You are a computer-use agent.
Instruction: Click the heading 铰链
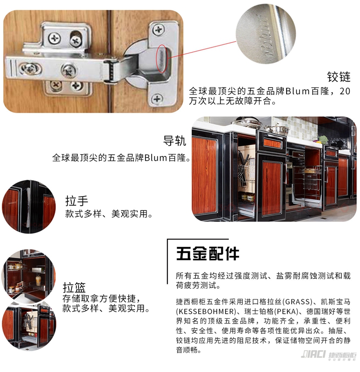[x=339, y=77]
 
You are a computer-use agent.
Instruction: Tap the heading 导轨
[x=175, y=141]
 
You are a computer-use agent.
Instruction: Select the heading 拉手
[x=77, y=201]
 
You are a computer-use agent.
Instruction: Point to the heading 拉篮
[x=74, y=288]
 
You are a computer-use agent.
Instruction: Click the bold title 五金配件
[x=207, y=254]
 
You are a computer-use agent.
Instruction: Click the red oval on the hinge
[x=163, y=58]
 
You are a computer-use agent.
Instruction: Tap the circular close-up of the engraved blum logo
[x=266, y=34]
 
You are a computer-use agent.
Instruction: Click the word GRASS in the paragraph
[x=297, y=302]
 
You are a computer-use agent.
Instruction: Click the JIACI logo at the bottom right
[x=328, y=355]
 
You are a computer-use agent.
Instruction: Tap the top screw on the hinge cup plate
[x=158, y=30]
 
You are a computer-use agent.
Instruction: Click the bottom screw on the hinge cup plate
[x=157, y=98]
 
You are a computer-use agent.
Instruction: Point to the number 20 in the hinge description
[x=345, y=91]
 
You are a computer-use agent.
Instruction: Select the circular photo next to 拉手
[x=29, y=207]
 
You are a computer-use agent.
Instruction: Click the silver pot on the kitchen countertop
[x=276, y=129]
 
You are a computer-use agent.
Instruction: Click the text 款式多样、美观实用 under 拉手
[x=106, y=214]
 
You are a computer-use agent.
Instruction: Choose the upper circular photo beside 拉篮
[x=28, y=275]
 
